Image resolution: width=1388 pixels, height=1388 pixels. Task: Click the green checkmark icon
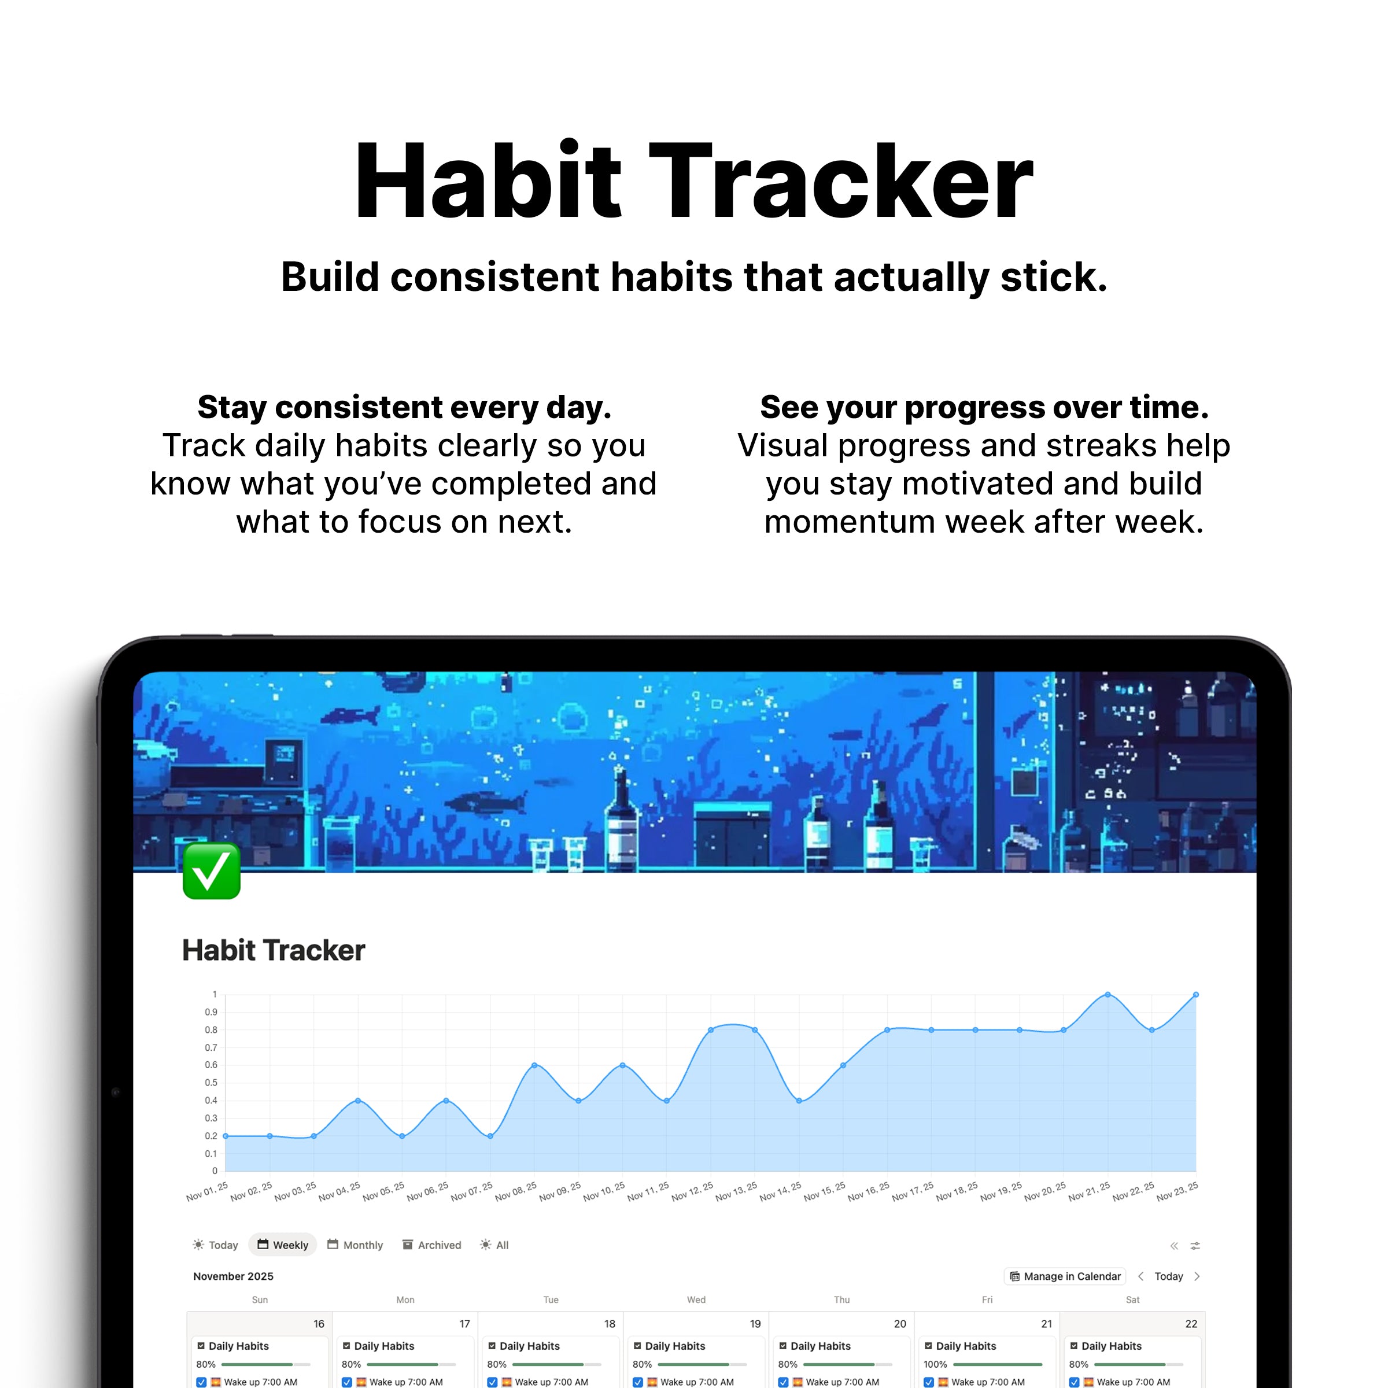click(211, 871)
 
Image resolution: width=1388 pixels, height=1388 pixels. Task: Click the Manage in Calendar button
click(1065, 1276)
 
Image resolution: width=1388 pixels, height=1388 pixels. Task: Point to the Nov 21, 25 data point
click(1108, 995)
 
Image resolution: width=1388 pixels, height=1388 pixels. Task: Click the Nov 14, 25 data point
click(799, 1101)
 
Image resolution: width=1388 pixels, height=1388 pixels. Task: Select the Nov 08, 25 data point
click(534, 1065)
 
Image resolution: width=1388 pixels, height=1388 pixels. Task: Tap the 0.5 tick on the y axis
click(211, 1083)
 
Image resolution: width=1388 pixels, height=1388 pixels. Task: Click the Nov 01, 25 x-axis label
click(207, 1191)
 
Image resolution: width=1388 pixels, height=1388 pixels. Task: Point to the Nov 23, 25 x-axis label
click(1177, 1191)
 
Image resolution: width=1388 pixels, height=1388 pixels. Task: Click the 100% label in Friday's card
click(935, 1364)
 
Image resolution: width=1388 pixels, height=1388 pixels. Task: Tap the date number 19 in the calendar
click(755, 1323)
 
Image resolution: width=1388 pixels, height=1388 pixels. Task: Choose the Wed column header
click(696, 1300)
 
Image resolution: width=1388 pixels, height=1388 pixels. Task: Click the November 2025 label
click(234, 1276)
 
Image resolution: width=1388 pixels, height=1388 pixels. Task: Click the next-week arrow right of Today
click(1197, 1276)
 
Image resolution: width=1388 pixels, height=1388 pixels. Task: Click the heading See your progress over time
click(984, 407)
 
